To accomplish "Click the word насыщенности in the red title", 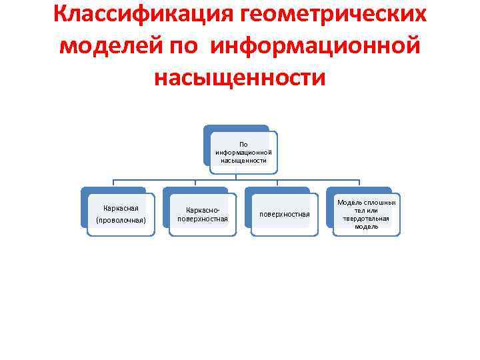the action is pyautogui.click(x=239, y=77).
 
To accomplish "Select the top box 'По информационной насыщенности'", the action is pyautogui.click(x=243, y=152).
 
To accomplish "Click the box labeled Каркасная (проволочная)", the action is pyautogui.click(x=121, y=214).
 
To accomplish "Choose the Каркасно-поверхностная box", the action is pyautogui.click(x=203, y=214).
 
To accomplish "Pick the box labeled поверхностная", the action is pyautogui.click(x=285, y=214).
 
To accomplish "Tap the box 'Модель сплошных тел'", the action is pyautogui.click(x=367, y=214).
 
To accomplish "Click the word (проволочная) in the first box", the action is pyautogui.click(x=121, y=220).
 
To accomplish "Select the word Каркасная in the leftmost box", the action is pyautogui.click(x=121, y=208).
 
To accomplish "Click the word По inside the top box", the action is pyautogui.click(x=243, y=144).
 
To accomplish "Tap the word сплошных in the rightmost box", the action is pyautogui.click(x=381, y=202).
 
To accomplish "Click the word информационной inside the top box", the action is pyautogui.click(x=243, y=152).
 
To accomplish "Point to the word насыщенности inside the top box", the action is pyautogui.click(x=243, y=160).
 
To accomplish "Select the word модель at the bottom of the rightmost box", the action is pyautogui.click(x=367, y=227).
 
